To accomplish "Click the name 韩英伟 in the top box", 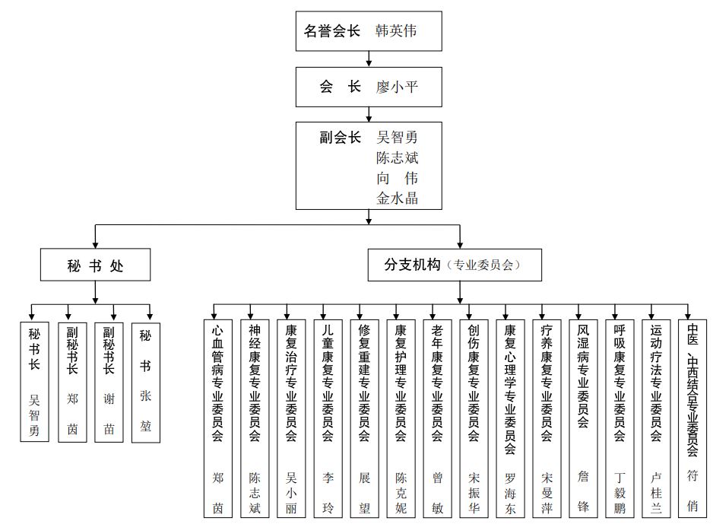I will [396, 31].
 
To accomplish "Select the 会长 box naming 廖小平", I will [369, 87].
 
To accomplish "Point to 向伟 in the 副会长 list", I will [397, 179].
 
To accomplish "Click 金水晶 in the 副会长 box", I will [397, 198].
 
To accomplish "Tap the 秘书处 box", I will [95, 265].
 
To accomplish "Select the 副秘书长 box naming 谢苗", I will [109, 382].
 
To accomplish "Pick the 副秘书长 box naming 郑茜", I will [72, 382].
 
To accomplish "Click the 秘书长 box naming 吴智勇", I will [34, 382].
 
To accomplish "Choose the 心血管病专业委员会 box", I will [217, 418].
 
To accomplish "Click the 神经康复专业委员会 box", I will [255, 418].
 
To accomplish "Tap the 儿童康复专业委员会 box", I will [328, 418].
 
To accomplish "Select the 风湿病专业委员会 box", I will [583, 418].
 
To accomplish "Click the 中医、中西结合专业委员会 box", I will [692, 418].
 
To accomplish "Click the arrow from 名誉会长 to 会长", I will [369, 59].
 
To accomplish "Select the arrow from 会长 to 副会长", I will [369, 113].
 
